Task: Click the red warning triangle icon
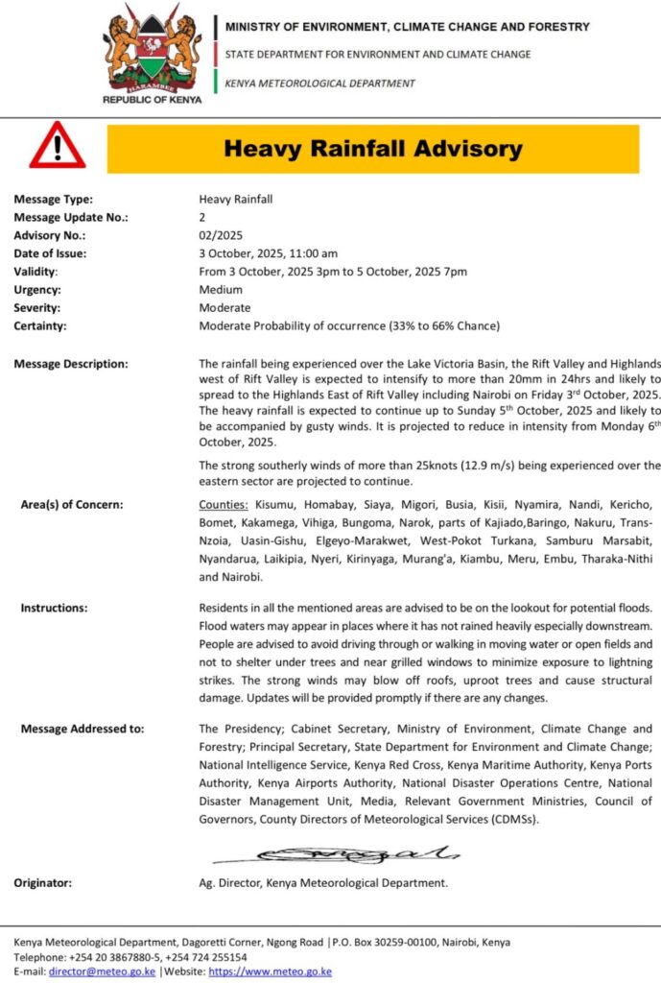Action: tap(57, 147)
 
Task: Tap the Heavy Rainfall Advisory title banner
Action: tap(372, 149)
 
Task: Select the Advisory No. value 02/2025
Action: tap(222, 235)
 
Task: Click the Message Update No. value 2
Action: tap(202, 217)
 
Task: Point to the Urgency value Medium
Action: tap(221, 290)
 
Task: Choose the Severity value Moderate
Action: tap(224, 308)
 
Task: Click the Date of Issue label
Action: tap(50, 253)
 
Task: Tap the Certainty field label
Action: tap(40, 326)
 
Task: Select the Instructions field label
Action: tap(54, 608)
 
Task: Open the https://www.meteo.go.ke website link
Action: tap(270, 971)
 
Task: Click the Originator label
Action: tap(42, 882)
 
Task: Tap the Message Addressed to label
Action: tap(83, 729)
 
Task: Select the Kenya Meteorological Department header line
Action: tap(319, 84)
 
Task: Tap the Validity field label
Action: tap(35, 272)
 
